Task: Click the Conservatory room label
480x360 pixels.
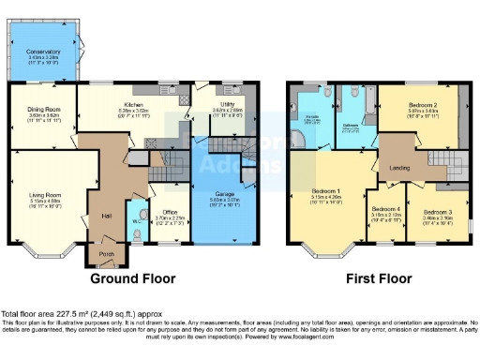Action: pyautogui.click(x=43, y=52)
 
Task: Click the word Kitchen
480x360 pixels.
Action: pyautogui.click(x=129, y=108)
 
